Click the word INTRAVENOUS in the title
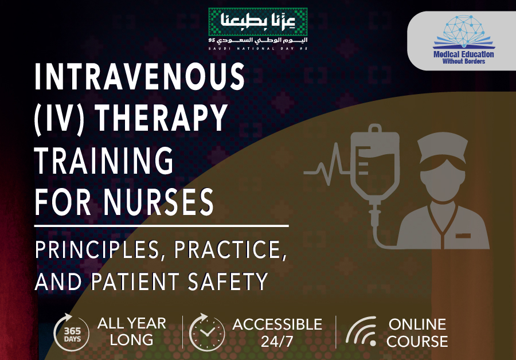(x=139, y=76)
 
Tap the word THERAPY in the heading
(x=161, y=118)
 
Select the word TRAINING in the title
(x=104, y=161)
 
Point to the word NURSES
(x=159, y=202)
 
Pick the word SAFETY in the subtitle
(x=228, y=281)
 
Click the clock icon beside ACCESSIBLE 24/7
(x=206, y=332)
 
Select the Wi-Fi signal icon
(x=361, y=331)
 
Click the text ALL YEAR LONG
(x=132, y=331)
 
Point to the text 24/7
(x=277, y=341)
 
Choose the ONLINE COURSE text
(x=417, y=332)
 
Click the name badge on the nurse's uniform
(x=463, y=236)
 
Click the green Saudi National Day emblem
(x=257, y=22)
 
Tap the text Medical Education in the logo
(x=464, y=54)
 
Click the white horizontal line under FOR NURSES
(x=162, y=226)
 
